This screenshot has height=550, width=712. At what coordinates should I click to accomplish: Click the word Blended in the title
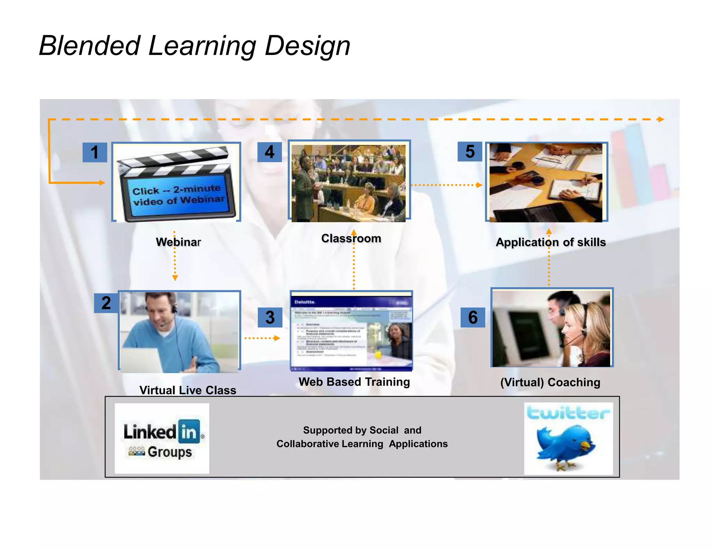(x=90, y=46)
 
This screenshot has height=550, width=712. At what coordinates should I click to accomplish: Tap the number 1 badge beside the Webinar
(x=95, y=152)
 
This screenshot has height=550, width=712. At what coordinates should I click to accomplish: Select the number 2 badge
(x=106, y=303)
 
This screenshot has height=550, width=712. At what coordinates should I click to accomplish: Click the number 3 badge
(x=270, y=317)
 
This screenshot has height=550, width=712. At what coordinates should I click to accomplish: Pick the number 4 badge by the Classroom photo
(x=269, y=152)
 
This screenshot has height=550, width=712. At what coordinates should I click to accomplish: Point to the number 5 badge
(x=470, y=152)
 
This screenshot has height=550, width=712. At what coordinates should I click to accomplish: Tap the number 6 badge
(x=473, y=317)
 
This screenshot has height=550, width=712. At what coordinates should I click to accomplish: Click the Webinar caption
(x=178, y=242)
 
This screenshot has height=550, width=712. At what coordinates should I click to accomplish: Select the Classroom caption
(x=351, y=238)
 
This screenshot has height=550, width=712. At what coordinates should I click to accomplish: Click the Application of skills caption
(x=551, y=242)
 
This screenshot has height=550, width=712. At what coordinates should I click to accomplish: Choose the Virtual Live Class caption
(x=188, y=390)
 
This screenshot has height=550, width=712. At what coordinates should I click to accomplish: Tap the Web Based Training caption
(x=354, y=382)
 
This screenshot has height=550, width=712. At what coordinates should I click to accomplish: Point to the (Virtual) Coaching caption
(x=550, y=382)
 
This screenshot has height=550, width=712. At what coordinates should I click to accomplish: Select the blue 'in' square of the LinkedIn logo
(x=189, y=431)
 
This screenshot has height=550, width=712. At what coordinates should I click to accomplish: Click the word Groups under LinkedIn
(x=170, y=452)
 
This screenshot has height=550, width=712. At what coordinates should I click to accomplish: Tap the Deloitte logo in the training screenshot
(x=305, y=302)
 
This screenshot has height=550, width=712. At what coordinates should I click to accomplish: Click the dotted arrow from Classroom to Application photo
(x=446, y=185)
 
